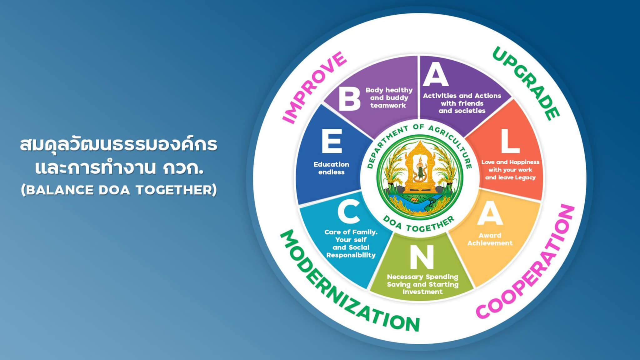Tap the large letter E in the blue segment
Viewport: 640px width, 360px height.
pyautogui.click(x=331, y=141)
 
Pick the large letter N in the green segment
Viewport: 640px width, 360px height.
pyautogui.click(x=422, y=257)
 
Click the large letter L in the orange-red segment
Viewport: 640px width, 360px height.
pyautogui.click(x=510, y=141)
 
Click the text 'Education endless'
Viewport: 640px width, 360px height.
pyautogui.click(x=331, y=168)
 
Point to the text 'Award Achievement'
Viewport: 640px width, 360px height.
pyautogui.click(x=490, y=239)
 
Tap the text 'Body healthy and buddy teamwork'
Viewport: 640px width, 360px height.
pyautogui.click(x=389, y=98)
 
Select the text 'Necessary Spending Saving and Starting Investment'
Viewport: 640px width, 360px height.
pyautogui.click(x=422, y=284)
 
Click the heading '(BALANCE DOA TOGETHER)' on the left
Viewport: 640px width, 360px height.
pyautogui.click(x=119, y=190)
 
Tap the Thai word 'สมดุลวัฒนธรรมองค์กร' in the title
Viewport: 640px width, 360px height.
pyautogui.click(x=119, y=145)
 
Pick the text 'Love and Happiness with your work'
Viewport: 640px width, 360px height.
pyautogui.click(x=510, y=166)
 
